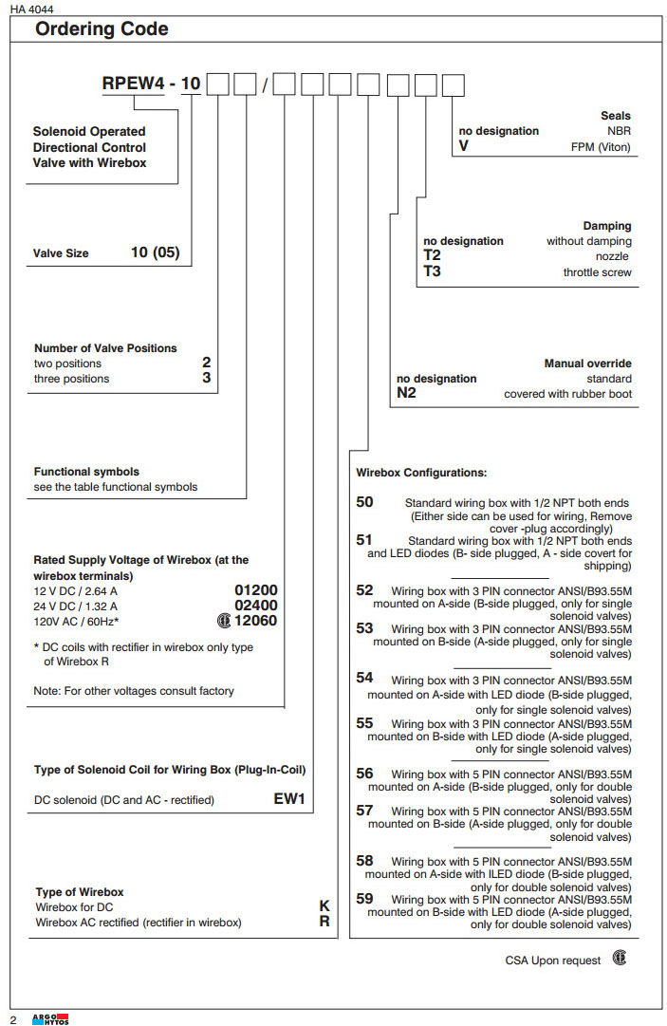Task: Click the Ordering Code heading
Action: [x=102, y=29]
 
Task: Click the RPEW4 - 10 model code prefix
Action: [x=151, y=84]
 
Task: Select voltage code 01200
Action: [x=256, y=589]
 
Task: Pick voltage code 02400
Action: [x=256, y=606]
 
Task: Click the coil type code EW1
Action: [x=289, y=799]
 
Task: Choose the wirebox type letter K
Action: [x=324, y=906]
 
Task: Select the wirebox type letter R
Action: [x=324, y=922]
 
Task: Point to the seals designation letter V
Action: [x=463, y=147]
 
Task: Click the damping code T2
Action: [x=432, y=256]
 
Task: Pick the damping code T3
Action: [x=432, y=272]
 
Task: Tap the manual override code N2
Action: [x=406, y=394]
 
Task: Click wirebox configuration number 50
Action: [x=365, y=502]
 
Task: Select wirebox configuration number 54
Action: [x=365, y=679]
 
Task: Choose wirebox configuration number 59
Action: [x=365, y=898]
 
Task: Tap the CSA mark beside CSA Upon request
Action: [x=619, y=959]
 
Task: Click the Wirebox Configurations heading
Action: [x=421, y=473]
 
